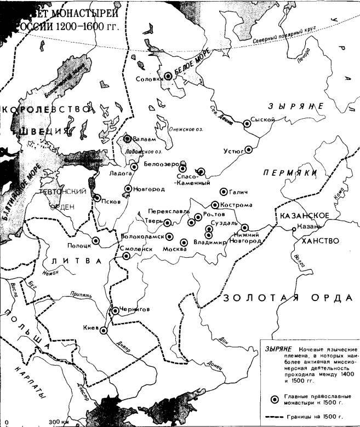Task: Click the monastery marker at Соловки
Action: click(168, 78)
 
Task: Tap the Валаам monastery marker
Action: click(127, 139)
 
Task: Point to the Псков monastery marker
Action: click(98, 198)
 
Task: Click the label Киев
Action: click(89, 328)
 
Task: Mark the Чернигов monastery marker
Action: click(115, 311)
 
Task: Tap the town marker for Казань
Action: click(294, 227)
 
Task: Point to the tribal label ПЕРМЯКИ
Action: click(290, 172)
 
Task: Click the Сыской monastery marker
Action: click(247, 124)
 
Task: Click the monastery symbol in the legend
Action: click(273, 398)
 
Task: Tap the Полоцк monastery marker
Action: click(96, 240)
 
